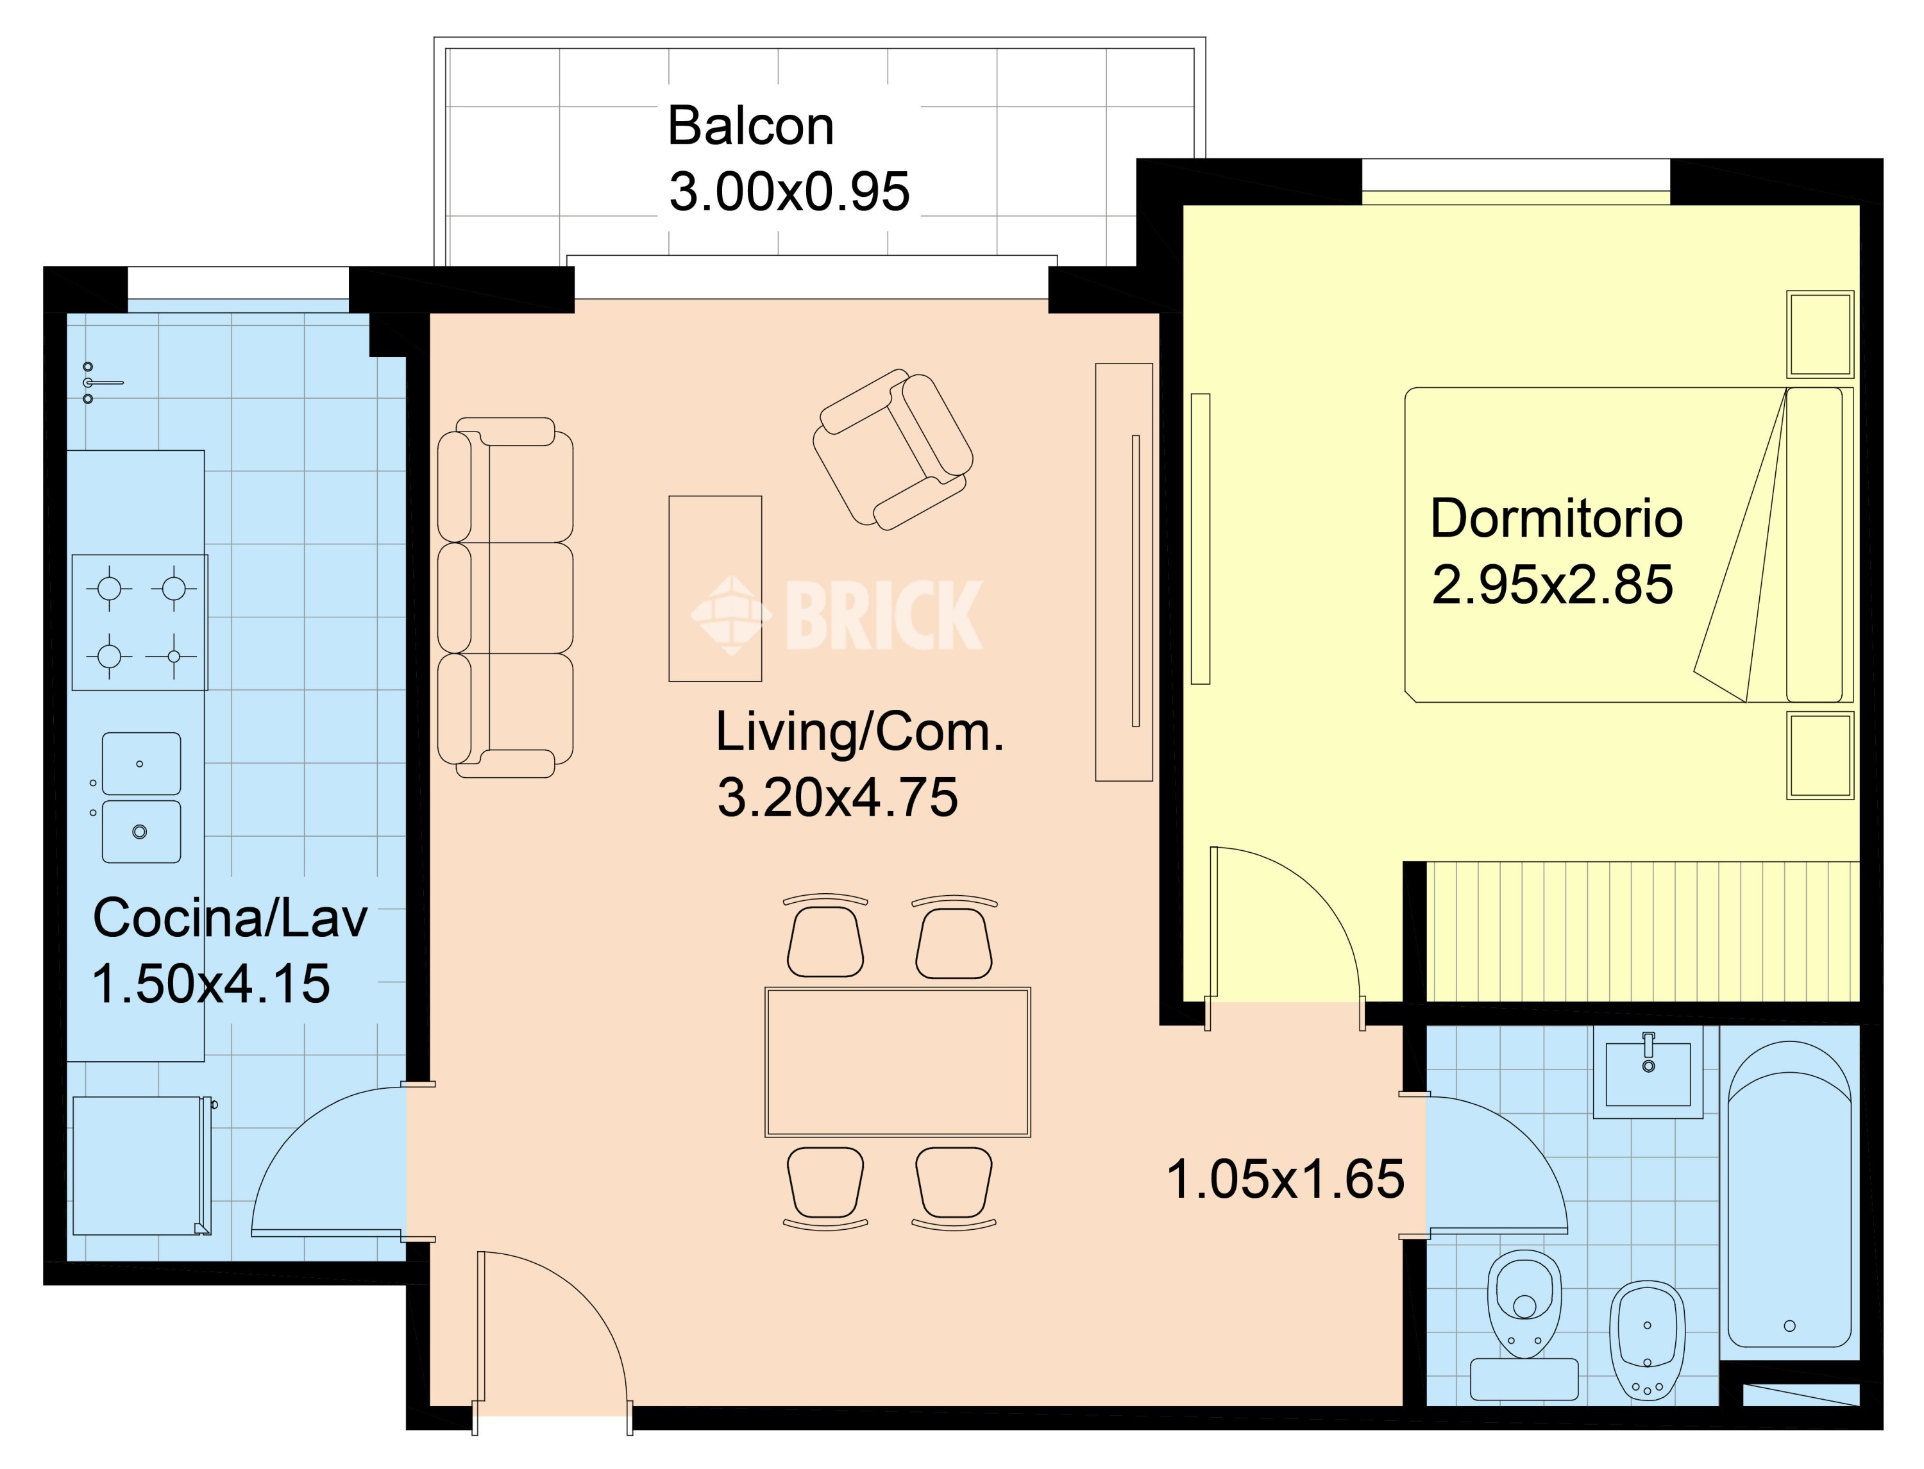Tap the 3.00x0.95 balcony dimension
[x=789, y=192]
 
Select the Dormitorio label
[x=1556, y=519]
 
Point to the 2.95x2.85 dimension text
[x=1552, y=584]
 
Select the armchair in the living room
[x=893, y=449]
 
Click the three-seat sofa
[x=505, y=597]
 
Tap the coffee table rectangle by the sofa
[x=715, y=589]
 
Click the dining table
[x=897, y=1062]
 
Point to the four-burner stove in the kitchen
[x=140, y=623]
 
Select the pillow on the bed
[x=1814, y=545]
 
